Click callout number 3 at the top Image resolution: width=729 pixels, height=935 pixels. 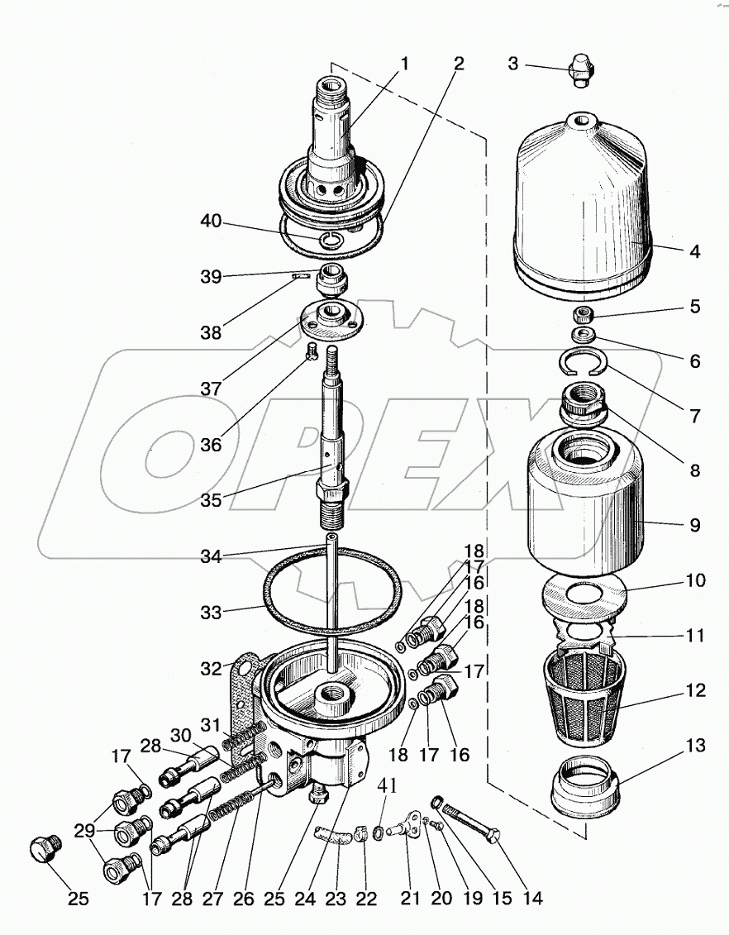click(513, 63)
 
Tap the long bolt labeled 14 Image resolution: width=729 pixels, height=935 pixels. click(467, 823)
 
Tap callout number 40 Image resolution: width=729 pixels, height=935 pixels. click(212, 221)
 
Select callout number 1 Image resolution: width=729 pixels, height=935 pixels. click(405, 63)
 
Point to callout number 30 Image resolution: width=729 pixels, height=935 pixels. click(180, 735)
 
